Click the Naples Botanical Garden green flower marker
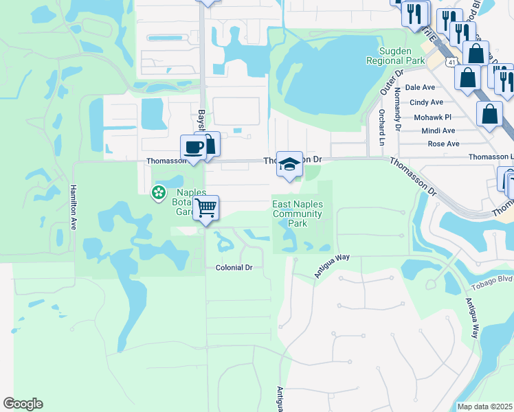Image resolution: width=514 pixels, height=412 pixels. tap(159, 192)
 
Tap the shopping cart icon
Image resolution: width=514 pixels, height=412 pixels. tap(206, 207)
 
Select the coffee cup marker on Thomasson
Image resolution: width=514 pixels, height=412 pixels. tap(192, 147)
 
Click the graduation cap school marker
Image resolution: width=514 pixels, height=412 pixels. tap(289, 164)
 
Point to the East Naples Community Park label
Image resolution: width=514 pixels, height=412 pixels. tap(298, 214)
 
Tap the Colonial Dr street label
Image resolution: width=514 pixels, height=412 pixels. tap(234, 268)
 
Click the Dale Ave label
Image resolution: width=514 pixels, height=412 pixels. tap(421, 88)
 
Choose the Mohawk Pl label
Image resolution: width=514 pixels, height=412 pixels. tap(432, 117)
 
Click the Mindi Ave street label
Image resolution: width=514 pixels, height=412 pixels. tap(438, 130)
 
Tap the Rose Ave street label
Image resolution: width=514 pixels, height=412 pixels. tap(443, 144)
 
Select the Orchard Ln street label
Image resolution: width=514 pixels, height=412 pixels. tap(381, 127)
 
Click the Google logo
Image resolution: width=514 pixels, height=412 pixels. tap(23, 404)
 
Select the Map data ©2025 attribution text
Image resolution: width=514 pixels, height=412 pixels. tap(484, 407)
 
